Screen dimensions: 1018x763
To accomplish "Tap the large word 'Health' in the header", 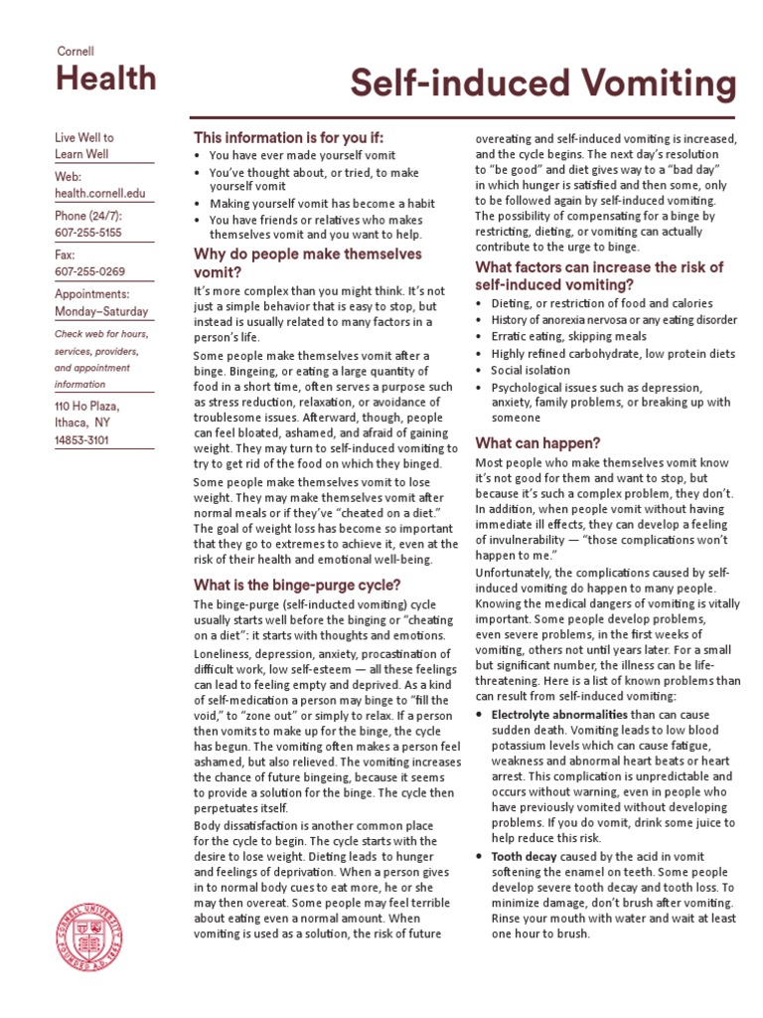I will tap(105, 79).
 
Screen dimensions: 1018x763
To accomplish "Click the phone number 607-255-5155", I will tap(87, 233).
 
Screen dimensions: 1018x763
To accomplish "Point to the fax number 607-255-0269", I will tap(87, 271).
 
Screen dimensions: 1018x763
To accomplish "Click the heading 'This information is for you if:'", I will tap(288, 137).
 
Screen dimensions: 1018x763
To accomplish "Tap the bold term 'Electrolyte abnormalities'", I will tap(559, 715).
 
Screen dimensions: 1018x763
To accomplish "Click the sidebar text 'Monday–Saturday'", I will tap(103, 310).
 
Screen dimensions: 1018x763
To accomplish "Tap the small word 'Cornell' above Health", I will tap(75, 51).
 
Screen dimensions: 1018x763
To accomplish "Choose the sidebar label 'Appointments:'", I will tap(92, 294).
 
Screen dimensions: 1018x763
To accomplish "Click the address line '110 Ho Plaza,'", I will tap(87, 407).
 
